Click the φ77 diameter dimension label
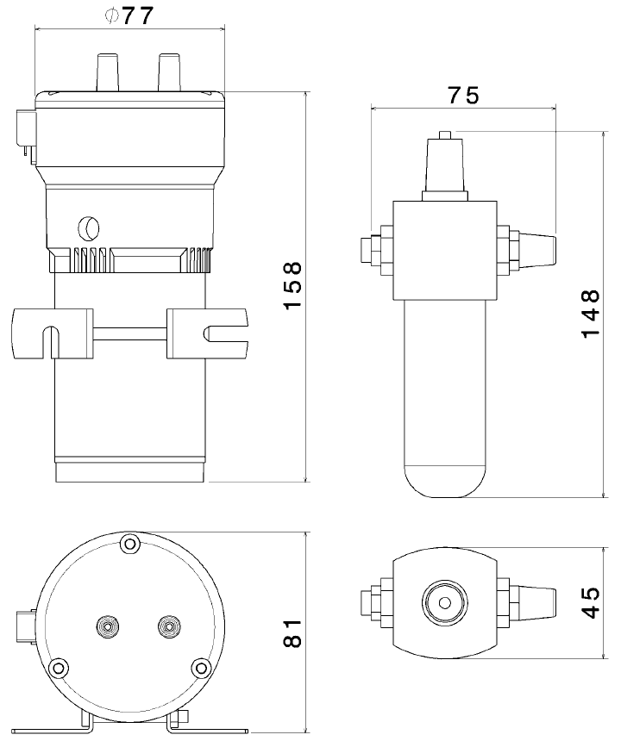coord(129,16)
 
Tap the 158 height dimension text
coord(292,286)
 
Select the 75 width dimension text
coord(463,96)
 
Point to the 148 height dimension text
coord(590,314)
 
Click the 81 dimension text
coord(292,633)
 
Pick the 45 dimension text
coord(590,602)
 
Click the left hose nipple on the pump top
coord(108,72)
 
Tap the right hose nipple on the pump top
coord(170,72)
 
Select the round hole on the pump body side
coord(88,228)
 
